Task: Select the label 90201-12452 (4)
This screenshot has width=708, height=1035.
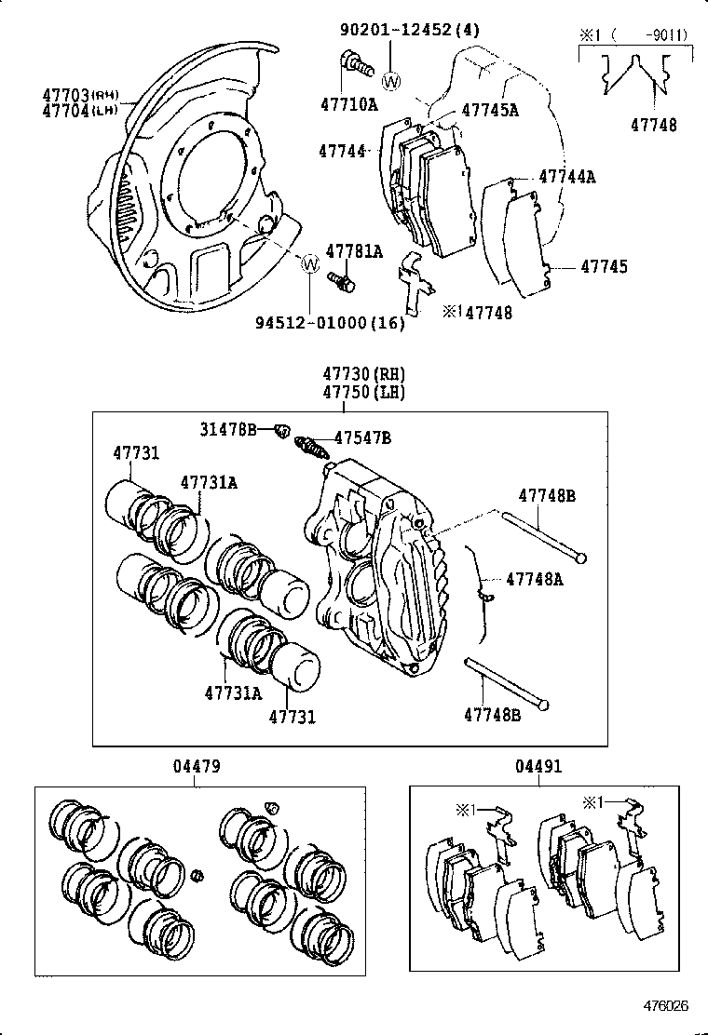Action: tap(409, 30)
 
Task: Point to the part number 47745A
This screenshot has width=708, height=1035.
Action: tap(490, 110)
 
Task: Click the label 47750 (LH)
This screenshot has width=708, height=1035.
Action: tap(364, 393)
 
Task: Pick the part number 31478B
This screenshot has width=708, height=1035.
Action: tap(227, 429)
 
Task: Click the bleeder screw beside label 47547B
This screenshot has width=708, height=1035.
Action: tap(311, 448)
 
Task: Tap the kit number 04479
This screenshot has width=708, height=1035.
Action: tap(196, 767)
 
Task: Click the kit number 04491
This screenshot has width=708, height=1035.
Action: tap(538, 767)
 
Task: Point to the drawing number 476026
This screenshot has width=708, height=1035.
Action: tap(664, 1006)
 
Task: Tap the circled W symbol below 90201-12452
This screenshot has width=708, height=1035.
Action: tap(390, 81)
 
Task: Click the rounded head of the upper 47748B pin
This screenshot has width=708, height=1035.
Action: tap(581, 558)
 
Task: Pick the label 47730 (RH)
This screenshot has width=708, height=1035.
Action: tap(364, 375)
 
